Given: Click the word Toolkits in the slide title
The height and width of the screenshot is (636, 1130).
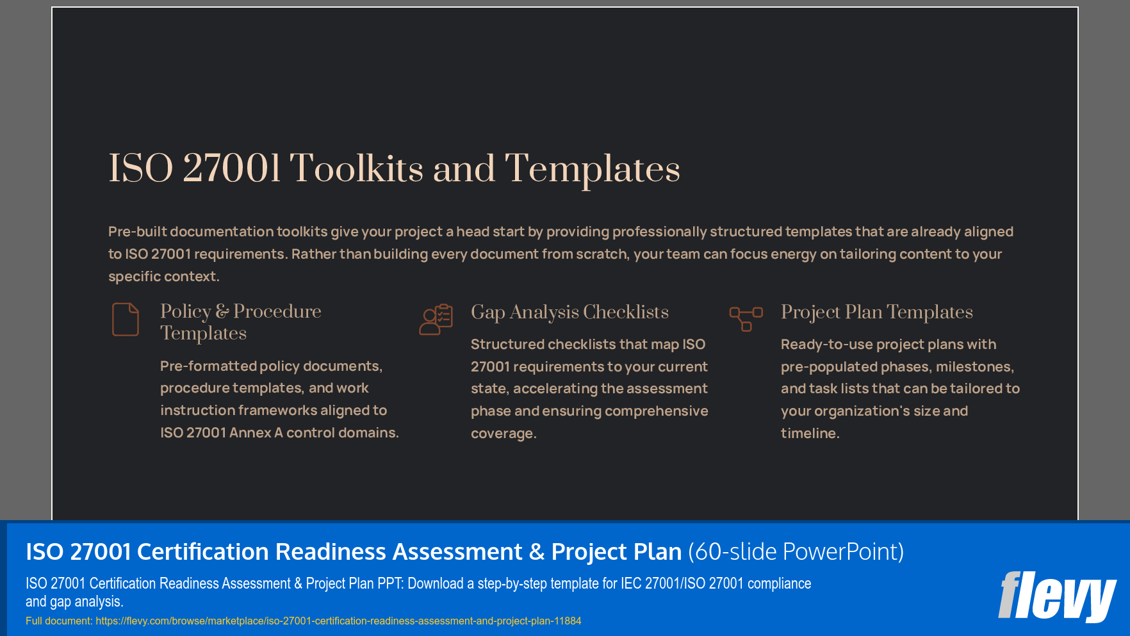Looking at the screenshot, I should click(x=356, y=169).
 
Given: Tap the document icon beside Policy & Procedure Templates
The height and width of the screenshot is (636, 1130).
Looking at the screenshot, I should click(x=126, y=319).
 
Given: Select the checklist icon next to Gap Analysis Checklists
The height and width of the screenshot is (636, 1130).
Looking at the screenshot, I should click(x=436, y=319).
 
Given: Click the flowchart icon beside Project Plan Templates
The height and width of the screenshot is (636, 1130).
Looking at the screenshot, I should click(x=746, y=318).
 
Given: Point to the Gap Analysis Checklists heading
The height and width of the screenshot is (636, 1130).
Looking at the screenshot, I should click(x=569, y=312).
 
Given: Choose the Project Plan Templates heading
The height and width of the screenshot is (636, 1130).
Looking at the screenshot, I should click(x=876, y=312).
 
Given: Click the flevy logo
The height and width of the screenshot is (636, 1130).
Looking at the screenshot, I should click(x=1057, y=596).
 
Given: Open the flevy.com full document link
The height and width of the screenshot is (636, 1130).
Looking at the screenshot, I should click(x=338, y=621).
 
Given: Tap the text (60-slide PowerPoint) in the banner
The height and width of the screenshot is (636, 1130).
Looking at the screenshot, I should click(x=796, y=551).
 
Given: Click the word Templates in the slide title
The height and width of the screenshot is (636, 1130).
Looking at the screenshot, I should click(x=592, y=169).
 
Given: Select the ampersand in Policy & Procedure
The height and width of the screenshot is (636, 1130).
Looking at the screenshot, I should click(x=222, y=311).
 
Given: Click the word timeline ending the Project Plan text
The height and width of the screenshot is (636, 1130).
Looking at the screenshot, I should click(x=808, y=434).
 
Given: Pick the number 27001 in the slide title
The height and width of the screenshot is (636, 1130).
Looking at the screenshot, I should click(x=232, y=169).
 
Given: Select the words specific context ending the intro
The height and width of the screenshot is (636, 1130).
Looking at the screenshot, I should click(x=163, y=277).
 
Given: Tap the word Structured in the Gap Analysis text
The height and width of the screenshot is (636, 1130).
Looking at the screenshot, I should click(x=507, y=345).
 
